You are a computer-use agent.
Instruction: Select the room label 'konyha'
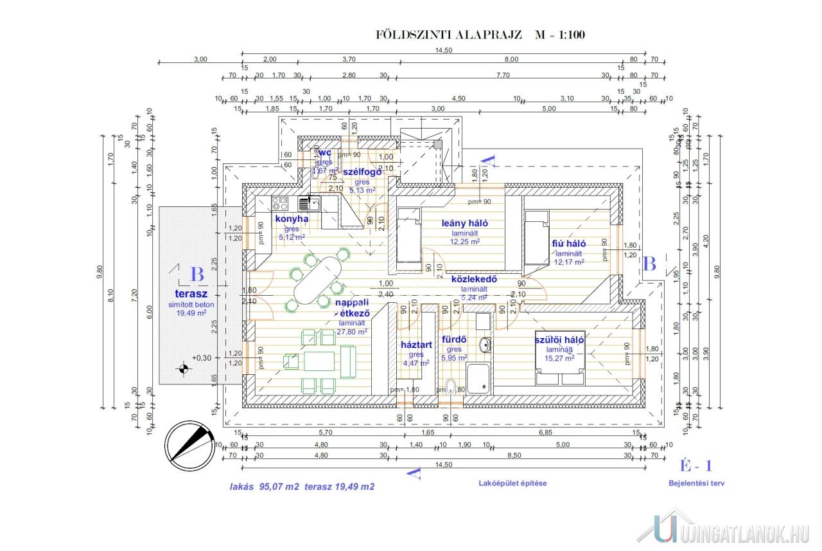coord(292,219)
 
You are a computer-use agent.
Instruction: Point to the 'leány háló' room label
coord(465,223)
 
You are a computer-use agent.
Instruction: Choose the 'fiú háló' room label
coord(569,244)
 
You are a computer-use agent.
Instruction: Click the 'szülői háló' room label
coord(559,340)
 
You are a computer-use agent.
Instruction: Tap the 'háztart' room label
coord(416,345)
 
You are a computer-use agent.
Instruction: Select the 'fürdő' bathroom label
coord(453,339)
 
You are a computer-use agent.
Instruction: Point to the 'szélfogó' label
coord(362,172)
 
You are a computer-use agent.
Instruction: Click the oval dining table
coord(318,281)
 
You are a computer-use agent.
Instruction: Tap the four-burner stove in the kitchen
coord(281,204)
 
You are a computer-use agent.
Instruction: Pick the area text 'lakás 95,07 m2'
coord(265,487)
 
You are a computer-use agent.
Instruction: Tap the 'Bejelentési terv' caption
coord(696,483)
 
